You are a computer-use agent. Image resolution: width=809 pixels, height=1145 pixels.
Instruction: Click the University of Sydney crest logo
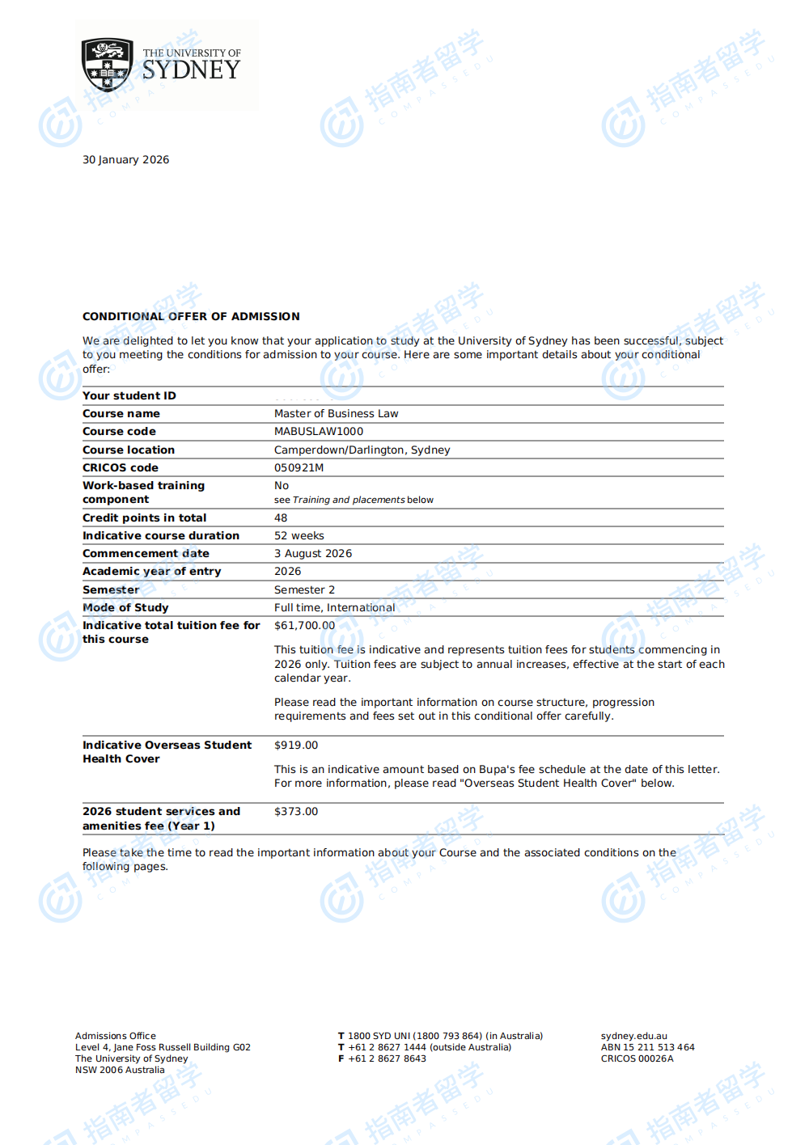click(x=108, y=65)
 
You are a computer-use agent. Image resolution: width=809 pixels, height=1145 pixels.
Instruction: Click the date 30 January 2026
click(x=125, y=160)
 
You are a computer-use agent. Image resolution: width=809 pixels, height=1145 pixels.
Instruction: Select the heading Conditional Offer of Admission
click(x=191, y=316)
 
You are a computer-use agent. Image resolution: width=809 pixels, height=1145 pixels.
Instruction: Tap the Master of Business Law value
click(x=336, y=413)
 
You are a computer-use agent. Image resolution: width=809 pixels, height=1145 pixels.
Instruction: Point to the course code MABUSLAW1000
click(x=319, y=431)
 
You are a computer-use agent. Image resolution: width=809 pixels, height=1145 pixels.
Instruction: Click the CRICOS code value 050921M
click(x=299, y=467)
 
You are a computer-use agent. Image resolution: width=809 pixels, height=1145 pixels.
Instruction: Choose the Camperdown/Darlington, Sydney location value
click(x=362, y=450)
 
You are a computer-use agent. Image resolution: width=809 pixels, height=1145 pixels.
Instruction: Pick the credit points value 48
click(x=281, y=518)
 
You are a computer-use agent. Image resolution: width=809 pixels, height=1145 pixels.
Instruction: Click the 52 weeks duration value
click(x=299, y=535)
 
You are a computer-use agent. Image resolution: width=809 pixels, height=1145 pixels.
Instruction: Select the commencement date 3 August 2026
click(x=313, y=553)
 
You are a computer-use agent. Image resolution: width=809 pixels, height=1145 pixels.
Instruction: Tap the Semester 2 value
click(x=304, y=589)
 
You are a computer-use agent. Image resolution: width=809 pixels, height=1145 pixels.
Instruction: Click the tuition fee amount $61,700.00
click(x=304, y=625)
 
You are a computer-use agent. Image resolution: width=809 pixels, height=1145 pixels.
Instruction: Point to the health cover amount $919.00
click(x=296, y=745)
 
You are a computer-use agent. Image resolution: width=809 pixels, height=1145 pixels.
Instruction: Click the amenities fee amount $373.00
click(x=296, y=811)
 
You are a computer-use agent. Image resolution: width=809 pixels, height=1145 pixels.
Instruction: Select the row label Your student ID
click(x=129, y=395)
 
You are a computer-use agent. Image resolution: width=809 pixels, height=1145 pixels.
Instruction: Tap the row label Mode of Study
click(x=125, y=607)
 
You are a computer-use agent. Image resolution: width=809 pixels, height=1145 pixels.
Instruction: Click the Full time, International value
click(x=334, y=607)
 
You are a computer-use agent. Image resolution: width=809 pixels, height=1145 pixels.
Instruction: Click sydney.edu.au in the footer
click(x=633, y=1036)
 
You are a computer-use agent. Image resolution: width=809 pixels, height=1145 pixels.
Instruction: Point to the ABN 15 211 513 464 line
click(x=647, y=1047)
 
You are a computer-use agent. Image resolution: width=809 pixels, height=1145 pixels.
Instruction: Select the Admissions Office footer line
click(x=116, y=1036)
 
